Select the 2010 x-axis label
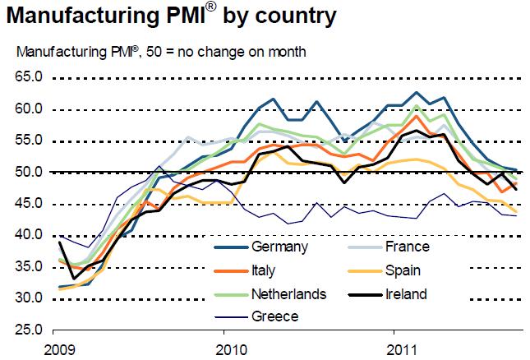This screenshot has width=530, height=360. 224,347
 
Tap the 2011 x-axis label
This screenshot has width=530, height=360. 399,347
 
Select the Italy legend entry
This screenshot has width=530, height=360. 265,270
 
